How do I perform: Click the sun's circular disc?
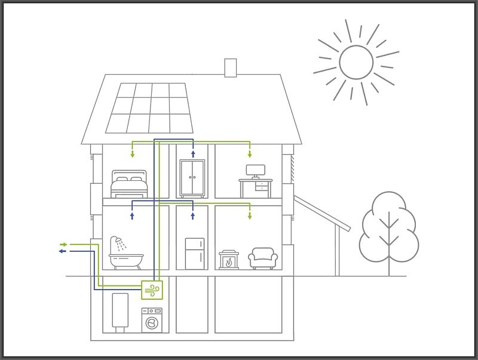[x=356, y=62]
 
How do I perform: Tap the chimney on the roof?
[x=231, y=67]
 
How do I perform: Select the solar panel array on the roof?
[x=150, y=107]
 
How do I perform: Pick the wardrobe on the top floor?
[x=192, y=178]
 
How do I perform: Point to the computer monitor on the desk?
[x=256, y=171]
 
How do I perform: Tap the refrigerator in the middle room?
[x=194, y=254]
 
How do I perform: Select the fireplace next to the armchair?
[x=228, y=260]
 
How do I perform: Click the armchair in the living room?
[x=263, y=258]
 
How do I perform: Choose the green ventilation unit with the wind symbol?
[x=152, y=290]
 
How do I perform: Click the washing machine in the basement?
[x=152, y=319]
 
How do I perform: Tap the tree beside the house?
[x=388, y=230]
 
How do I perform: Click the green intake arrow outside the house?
[x=63, y=244]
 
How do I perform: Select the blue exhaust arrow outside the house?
[x=62, y=251]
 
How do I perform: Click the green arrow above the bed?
[x=133, y=154]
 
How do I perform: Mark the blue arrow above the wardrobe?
[x=192, y=153]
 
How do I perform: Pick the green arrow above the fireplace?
[x=250, y=215]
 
